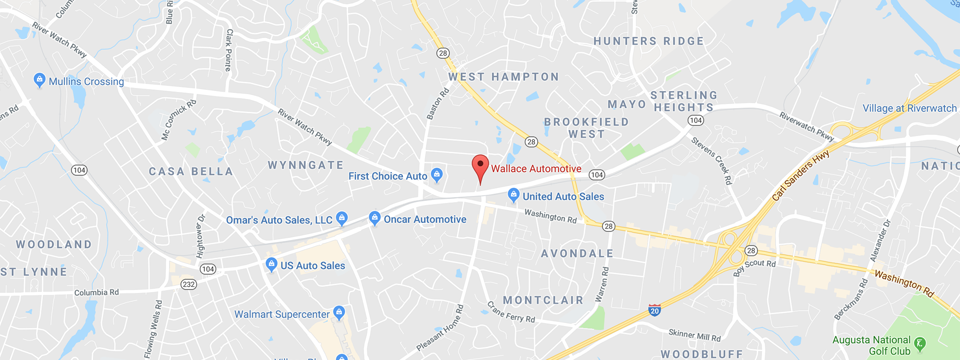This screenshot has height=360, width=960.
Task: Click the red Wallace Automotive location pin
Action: coord(480,166)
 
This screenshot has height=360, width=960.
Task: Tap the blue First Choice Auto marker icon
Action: coord(436,174)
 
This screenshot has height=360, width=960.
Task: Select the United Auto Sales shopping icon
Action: coord(513,195)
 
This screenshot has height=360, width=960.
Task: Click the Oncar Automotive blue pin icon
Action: coord(374,218)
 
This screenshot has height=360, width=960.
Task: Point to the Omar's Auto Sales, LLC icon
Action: coord(341,218)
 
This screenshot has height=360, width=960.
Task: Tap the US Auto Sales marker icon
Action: coord(271,264)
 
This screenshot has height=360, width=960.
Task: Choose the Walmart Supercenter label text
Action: coord(282,314)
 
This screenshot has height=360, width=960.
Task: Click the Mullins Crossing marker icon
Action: coord(39,79)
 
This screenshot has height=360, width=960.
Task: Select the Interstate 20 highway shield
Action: coord(654,310)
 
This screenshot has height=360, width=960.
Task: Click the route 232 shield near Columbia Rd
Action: coord(188,284)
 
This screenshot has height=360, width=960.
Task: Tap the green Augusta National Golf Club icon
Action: coord(919,343)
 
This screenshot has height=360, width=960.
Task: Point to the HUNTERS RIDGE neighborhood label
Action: coord(648,41)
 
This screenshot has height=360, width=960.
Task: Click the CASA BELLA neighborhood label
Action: coord(191,171)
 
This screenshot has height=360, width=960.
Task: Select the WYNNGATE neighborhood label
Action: coord(305,165)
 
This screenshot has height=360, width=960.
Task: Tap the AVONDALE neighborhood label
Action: coord(577,253)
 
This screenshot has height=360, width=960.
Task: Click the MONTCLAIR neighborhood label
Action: coord(543,300)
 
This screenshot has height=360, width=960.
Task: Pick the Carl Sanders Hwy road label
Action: coord(800,175)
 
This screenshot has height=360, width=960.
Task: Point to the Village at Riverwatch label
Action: coord(909,108)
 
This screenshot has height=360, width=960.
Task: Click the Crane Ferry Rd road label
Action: coord(511,312)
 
